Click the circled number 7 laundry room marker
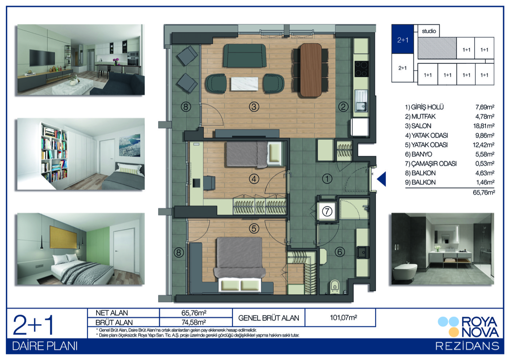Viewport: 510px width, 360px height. point(327,211)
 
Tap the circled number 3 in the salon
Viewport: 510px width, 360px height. point(254,107)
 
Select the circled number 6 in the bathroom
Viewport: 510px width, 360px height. point(340,252)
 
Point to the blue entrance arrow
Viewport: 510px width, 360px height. point(382,179)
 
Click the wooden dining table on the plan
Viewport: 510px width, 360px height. point(311,70)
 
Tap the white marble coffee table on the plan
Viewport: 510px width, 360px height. point(244,84)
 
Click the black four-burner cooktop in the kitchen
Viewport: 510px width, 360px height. point(361,69)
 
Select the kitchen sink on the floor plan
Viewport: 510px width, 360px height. point(361,101)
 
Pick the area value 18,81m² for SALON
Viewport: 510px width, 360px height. point(484,126)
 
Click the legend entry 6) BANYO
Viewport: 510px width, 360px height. point(419,154)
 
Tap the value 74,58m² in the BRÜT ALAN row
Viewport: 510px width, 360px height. point(194,322)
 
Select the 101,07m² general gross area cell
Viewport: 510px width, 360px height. point(343,317)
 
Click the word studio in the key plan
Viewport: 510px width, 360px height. point(429,31)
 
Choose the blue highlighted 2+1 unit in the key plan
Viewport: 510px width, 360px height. point(403,39)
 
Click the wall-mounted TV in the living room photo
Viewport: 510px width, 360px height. point(42,57)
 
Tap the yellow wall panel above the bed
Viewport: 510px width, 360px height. point(63,237)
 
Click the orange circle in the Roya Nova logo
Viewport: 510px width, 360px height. point(454,332)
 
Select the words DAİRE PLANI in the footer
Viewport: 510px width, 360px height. point(45,346)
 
